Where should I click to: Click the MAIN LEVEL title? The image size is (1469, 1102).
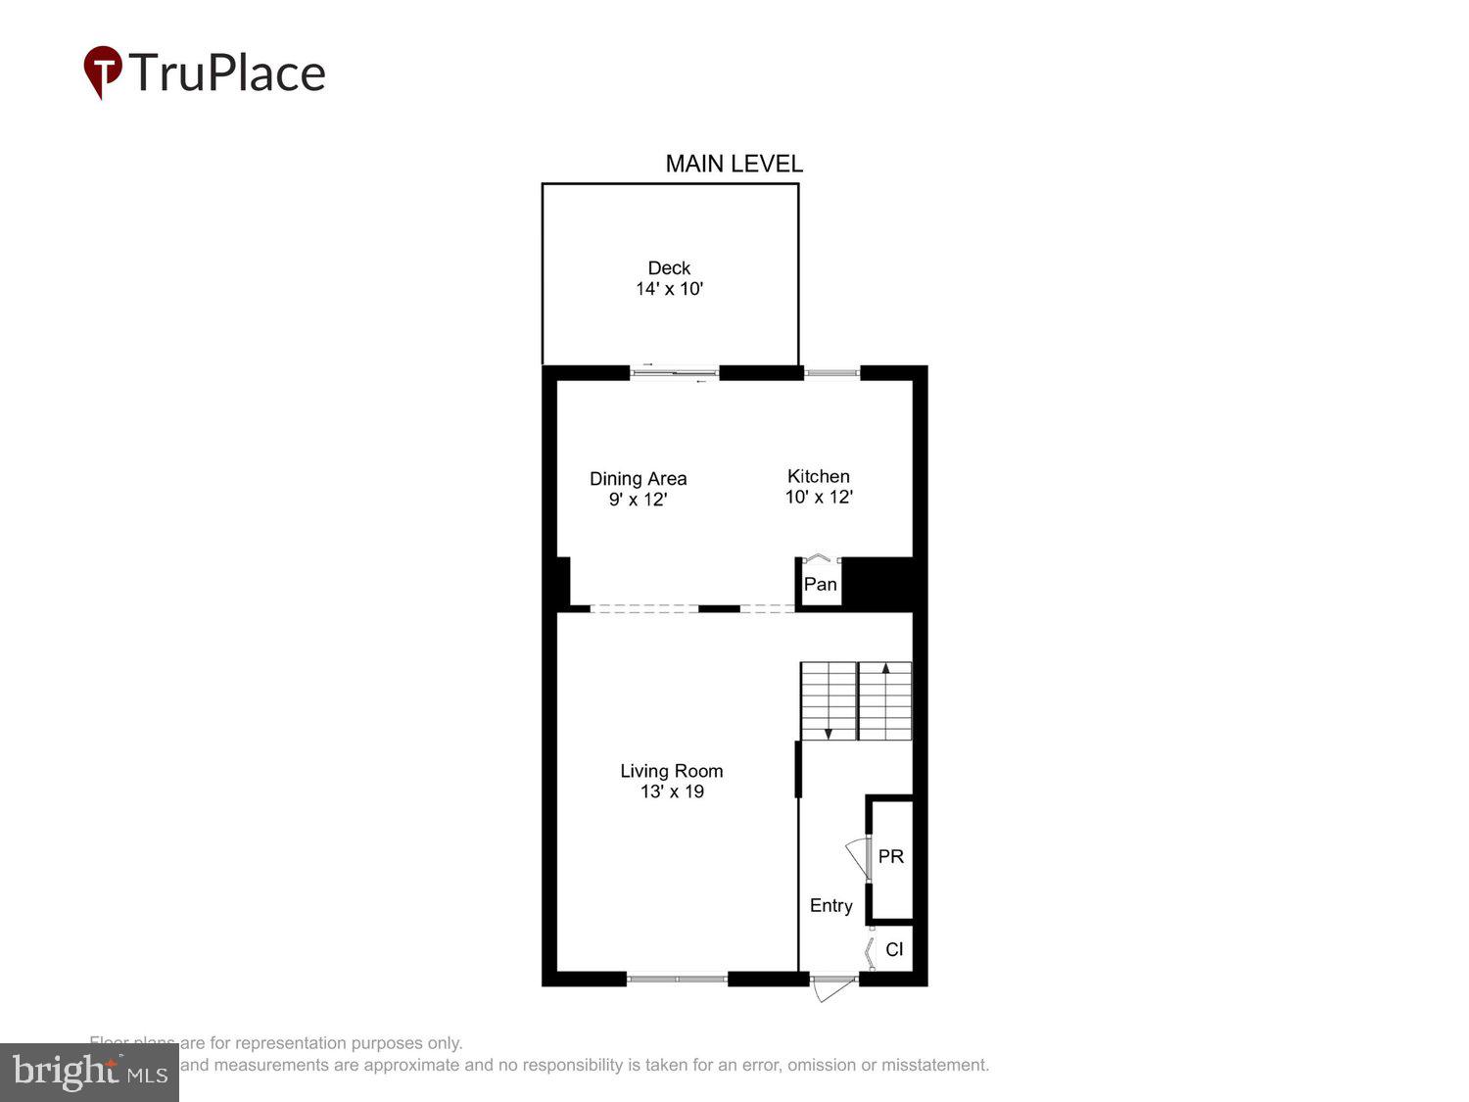(734, 164)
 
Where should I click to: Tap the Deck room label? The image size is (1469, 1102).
(669, 267)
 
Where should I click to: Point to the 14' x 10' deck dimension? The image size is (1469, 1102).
(669, 289)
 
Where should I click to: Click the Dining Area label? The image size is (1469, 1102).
(638, 478)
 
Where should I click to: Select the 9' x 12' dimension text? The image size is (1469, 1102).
(638, 500)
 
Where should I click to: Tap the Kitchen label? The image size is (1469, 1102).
(818, 476)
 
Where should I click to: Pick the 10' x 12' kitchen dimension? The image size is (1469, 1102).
(818, 497)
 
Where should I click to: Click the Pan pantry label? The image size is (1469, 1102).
(820, 585)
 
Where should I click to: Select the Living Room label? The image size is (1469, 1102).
(671, 771)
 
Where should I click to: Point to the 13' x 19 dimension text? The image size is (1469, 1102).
(672, 791)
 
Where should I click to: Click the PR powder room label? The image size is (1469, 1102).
(890, 856)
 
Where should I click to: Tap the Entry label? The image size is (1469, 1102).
(830, 906)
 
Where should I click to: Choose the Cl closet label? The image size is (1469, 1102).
(894, 949)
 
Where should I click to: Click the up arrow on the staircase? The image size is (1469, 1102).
(885, 669)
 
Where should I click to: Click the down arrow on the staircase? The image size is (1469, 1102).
(829, 732)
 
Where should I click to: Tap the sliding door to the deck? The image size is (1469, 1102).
(675, 372)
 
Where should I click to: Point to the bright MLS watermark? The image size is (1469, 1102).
(89, 1072)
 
